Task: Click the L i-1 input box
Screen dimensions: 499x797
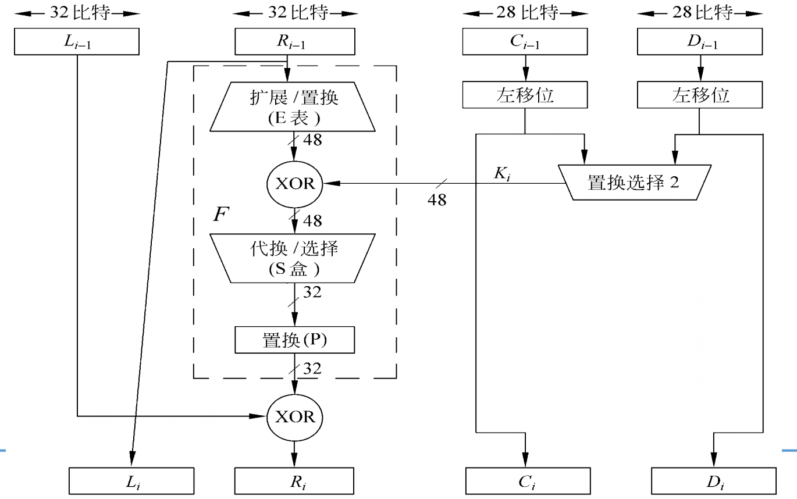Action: (x=76, y=42)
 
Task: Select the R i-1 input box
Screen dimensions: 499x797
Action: (x=294, y=42)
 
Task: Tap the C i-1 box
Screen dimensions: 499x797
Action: (x=525, y=42)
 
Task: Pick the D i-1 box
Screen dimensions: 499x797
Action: (x=700, y=42)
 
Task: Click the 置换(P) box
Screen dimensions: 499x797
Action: (x=294, y=340)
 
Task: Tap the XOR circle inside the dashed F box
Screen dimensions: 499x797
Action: (x=294, y=184)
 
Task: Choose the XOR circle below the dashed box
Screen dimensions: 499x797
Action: (x=294, y=416)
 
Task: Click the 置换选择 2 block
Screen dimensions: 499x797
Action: (x=634, y=183)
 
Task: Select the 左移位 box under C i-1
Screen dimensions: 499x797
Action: (x=525, y=95)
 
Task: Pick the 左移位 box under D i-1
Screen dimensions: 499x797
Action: (x=700, y=95)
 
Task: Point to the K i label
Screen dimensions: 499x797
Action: (x=503, y=173)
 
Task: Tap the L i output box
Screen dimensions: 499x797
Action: (x=131, y=482)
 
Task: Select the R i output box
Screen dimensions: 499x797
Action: (x=294, y=482)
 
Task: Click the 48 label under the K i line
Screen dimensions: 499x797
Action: (x=437, y=200)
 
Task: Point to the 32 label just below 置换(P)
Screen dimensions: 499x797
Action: (x=312, y=368)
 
